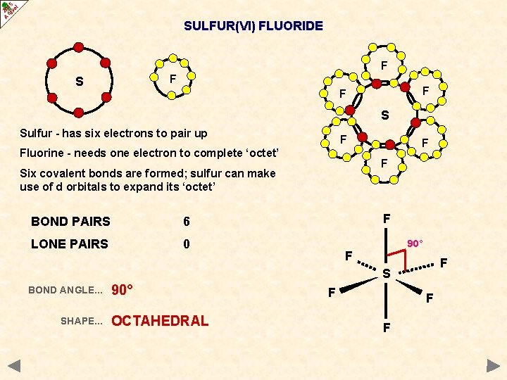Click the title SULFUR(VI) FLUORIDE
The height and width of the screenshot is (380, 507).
[x=254, y=26]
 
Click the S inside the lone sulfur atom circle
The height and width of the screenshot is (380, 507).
[x=80, y=82]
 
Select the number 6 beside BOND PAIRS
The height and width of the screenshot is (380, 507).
[x=187, y=222]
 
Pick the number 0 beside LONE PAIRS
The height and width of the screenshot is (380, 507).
[x=187, y=244]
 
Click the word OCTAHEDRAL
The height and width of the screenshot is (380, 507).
[x=160, y=321]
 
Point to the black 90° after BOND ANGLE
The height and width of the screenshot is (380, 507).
[x=123, y=290]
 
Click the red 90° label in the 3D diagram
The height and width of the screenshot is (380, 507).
[x=414, y=243]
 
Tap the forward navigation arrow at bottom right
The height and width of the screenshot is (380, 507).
[x=493, y=366]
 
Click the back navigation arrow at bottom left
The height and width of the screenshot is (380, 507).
[x=14, y=366]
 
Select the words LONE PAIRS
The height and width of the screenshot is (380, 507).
[x=70, y=244]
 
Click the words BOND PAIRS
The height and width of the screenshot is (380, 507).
[x=70, y=222]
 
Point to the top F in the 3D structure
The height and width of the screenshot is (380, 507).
[x=387, y=219]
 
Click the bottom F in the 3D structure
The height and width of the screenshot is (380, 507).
[x=386, y=328]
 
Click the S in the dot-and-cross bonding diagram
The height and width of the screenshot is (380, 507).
[x=384, y=115]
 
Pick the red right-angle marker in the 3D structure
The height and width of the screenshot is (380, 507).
[x=399, y=261]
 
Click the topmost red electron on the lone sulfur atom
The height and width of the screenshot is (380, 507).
[x=79, y=47]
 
